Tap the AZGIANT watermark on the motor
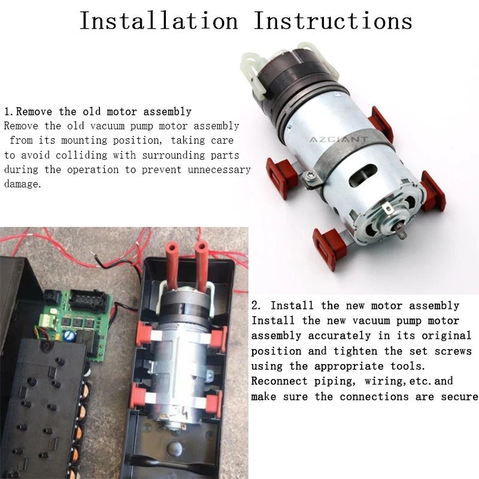pyautogui.click(x=339, y=140)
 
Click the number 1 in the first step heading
pyautogui.click(x=7, y=111)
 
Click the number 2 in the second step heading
pyautogui.click(x=255, y=305)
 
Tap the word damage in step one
pyautogui.click(x=22, y=184)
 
